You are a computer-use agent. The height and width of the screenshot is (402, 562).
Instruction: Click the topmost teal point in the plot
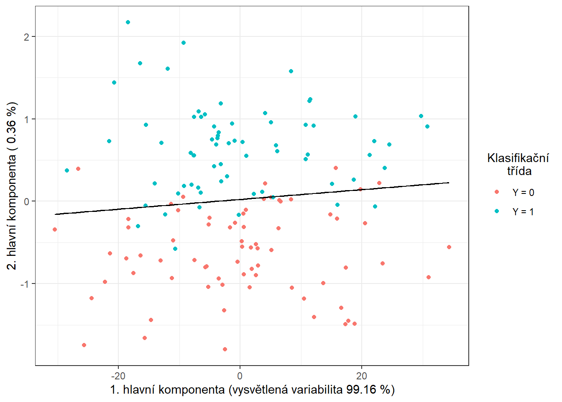point(128,22)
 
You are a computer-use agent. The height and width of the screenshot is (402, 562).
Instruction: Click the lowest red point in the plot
point(225,349)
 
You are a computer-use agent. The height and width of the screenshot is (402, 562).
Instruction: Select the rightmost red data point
point(449,247)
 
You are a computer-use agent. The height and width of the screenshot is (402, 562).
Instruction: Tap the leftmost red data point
point(55,229)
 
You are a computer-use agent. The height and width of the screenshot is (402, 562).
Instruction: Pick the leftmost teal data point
point(67,170)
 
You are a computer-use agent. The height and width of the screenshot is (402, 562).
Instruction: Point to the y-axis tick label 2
point(27,37)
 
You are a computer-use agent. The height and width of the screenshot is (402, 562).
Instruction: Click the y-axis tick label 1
point(27,119)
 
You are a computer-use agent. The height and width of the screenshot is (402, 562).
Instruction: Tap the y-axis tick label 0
point(27,201)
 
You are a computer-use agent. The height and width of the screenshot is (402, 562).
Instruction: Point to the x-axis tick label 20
point(362,375)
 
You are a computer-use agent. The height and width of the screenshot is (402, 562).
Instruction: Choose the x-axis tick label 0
point(240,375)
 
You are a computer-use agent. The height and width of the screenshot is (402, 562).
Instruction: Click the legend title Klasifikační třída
point(519,164)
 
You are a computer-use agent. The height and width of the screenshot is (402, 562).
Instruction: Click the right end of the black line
point(449,183)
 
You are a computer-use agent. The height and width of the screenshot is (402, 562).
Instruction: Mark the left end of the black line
point(55,214)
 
